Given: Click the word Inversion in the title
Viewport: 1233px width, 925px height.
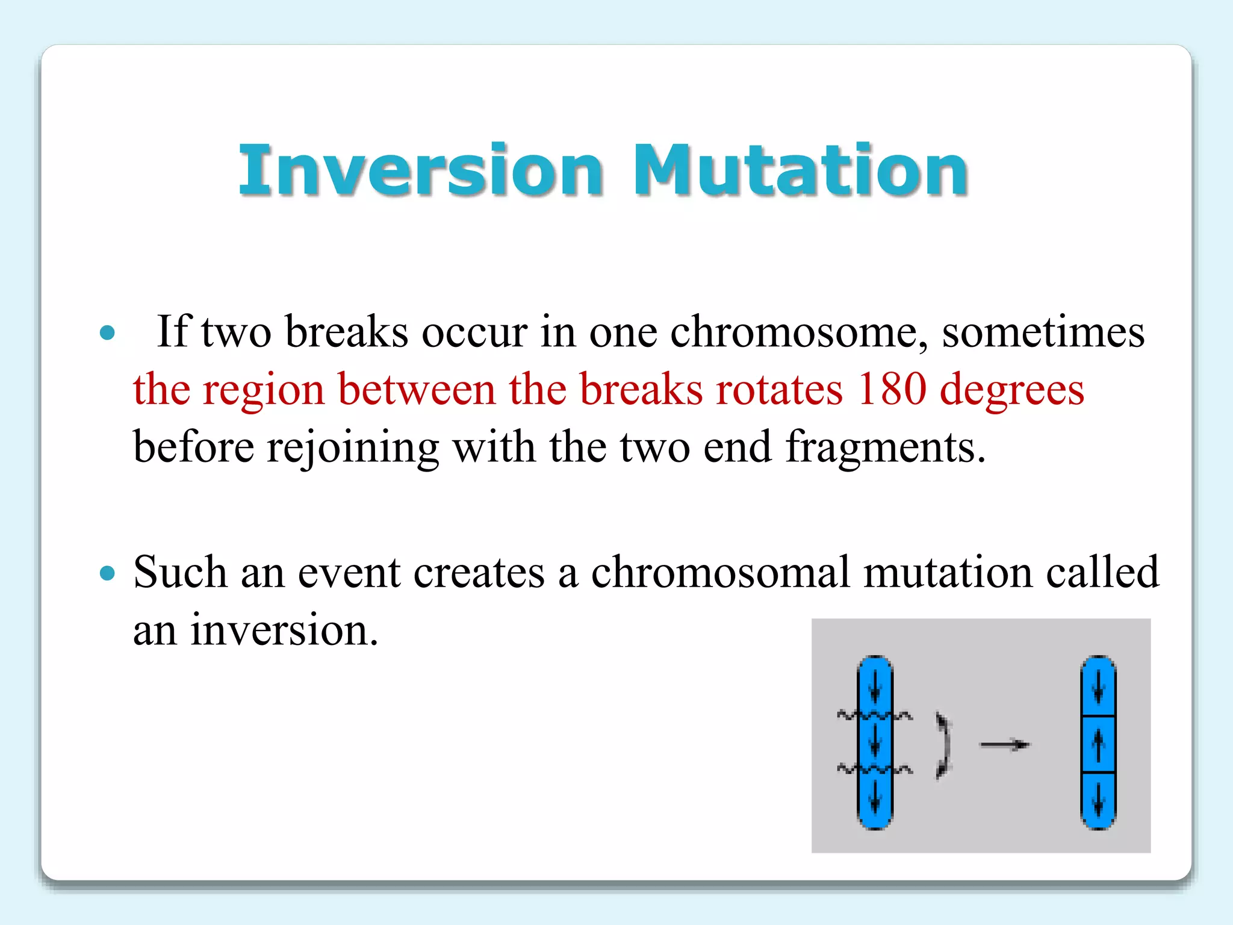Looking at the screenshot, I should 420,171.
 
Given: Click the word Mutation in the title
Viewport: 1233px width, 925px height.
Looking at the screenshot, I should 801,171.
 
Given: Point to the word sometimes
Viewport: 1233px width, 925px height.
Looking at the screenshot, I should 1043,333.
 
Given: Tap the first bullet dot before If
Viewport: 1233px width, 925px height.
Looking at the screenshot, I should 107,332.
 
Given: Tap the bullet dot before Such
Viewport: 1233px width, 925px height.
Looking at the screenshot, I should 107,573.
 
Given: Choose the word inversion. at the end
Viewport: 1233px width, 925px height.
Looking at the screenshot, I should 284,631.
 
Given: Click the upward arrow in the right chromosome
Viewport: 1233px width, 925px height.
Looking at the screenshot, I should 1098,744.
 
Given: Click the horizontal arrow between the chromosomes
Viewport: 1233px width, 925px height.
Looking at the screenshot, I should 1004,746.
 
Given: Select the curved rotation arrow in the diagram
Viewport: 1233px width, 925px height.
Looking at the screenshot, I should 943,746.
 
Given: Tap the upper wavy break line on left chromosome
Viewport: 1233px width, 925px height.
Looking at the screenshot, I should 874,715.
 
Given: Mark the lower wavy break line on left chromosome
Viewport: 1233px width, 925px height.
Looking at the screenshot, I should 874,769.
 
